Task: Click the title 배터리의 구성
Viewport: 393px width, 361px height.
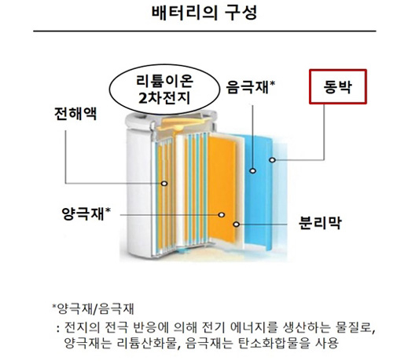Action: (x=204, y=13)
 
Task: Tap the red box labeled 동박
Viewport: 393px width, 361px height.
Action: (x=338, y=86)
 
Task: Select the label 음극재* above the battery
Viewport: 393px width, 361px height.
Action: (x=251, y=87)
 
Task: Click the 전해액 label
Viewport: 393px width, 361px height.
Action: (x=75, y=114)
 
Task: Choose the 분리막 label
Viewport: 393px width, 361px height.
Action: (x=320, y=223)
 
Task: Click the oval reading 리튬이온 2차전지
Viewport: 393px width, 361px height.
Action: (x=164, y=89)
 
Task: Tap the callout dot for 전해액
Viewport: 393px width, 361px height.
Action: (x=164, y=184)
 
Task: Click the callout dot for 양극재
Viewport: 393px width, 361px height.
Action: (x=222, y=215)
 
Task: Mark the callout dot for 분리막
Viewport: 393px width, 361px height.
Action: (x=237, y=224)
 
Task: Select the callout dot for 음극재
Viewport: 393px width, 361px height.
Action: (x=252, y=170)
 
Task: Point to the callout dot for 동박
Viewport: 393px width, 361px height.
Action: (x=273, y=159)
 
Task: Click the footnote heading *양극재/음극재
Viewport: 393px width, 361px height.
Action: (x=93, y=308)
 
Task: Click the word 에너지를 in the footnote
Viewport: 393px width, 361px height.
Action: (x=254, y=327)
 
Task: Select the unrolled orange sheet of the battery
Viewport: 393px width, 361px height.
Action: (x=222, y=189)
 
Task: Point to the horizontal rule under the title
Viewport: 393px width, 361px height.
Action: (x=204, y=31)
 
